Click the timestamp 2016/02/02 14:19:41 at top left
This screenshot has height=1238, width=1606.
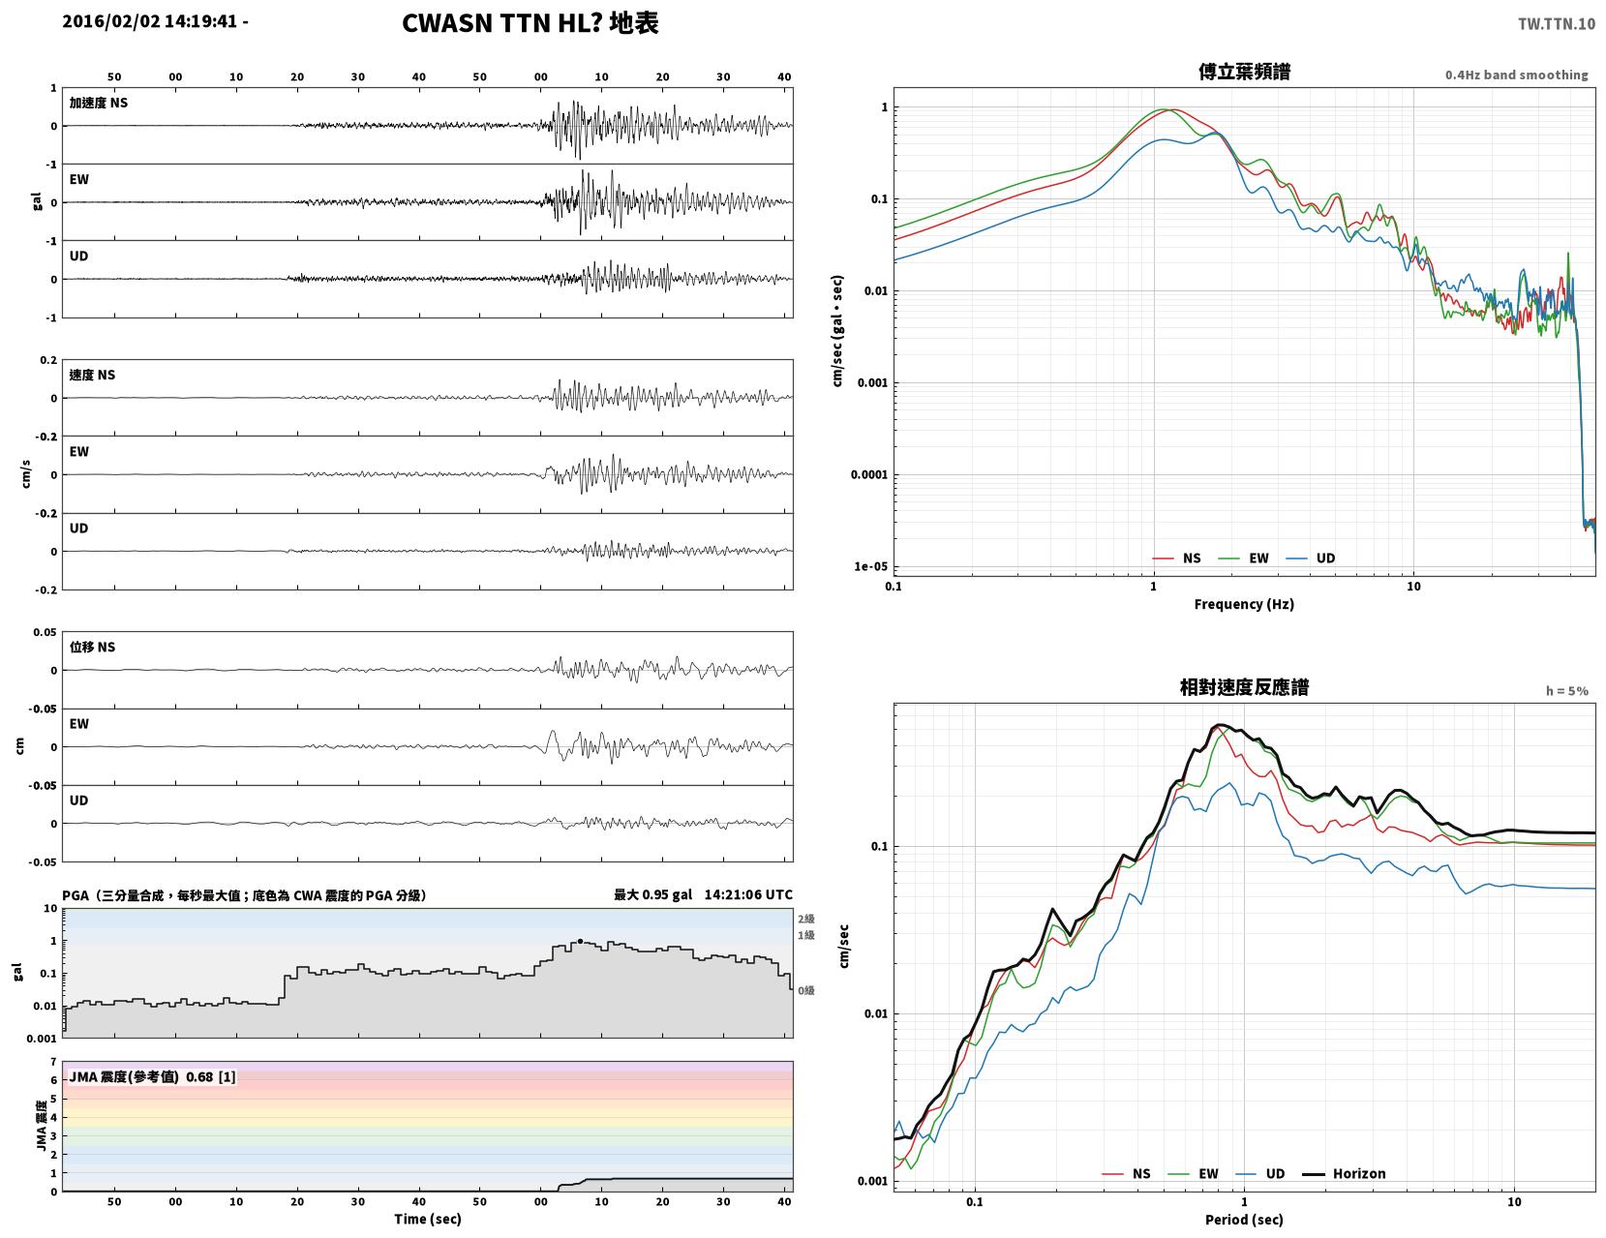click(x=149, y=21)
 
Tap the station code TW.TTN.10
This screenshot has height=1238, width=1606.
click(x=1557, y=24)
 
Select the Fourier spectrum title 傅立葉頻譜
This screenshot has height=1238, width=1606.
click(x=1244, y=72)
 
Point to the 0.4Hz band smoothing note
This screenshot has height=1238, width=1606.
click(x=1517, y=75)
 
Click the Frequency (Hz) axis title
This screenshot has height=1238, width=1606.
click(x=1244, y=604)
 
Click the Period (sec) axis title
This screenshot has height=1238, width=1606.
click(x=1244, y=1220)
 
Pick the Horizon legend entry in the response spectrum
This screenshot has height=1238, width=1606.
click(x=1344, y=1174)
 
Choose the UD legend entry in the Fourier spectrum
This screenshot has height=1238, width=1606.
click(x=1311, y=559)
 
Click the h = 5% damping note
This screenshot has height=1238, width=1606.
click(x=1567, y=691)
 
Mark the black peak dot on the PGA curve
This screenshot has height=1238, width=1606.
click(x=580, y=941)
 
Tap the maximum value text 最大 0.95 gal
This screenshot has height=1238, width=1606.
click(x=652, y=894)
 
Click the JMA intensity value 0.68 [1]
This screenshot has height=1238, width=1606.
click(x=211, y=1077)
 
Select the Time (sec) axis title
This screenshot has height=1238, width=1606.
click(x=427, y=1219)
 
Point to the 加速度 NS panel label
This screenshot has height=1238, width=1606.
click(x=99, y=103)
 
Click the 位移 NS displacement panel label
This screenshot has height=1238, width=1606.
click(x=92, y=647)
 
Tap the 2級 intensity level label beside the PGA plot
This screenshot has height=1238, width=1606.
click(x=805, y=919)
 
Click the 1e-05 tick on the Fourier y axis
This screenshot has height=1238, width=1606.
click(x=870, y=566)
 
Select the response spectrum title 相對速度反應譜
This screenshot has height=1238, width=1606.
click(x=1244, y=687)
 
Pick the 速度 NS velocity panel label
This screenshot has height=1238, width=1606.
click(x=92, y=376)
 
